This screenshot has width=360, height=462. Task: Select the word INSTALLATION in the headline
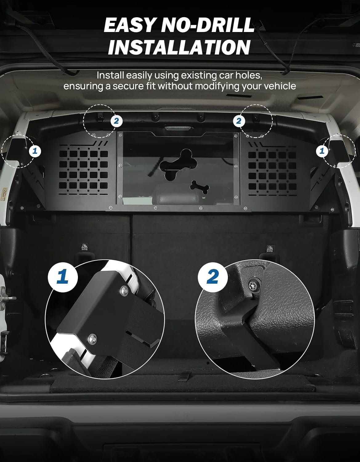tap(179, 47)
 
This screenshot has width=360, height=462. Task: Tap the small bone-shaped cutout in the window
tap(200, 187)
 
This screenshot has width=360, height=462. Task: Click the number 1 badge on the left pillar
tap(35, 151)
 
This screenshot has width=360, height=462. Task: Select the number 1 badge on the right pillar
tap(322, 151)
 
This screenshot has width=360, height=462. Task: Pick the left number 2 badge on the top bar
tap(116, 121)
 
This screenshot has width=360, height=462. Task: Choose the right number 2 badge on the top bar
tap(239, 121)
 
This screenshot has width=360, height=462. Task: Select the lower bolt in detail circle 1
tap(92, 339)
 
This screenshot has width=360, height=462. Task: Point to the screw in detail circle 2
tap(255, 285)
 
